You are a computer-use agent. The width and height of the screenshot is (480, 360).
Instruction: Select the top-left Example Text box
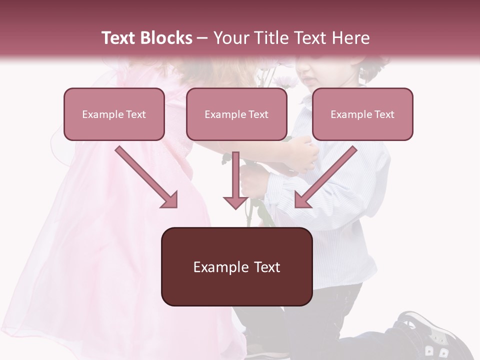point(114,114)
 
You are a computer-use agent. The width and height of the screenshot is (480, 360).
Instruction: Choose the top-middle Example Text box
point(236,114)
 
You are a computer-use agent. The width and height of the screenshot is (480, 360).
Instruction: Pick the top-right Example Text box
point(362,114)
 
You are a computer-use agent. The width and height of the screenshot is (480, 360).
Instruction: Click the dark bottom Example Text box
point(236,266)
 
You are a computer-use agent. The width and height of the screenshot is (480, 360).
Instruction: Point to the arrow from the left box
point(145,175)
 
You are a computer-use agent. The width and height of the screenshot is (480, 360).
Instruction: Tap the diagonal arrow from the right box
point(327,175)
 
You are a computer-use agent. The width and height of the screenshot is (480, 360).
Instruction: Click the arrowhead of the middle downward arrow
point(235,202)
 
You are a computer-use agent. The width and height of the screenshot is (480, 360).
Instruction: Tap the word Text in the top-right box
point(384,114)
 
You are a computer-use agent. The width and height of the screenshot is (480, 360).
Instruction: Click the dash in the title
point(202,38)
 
